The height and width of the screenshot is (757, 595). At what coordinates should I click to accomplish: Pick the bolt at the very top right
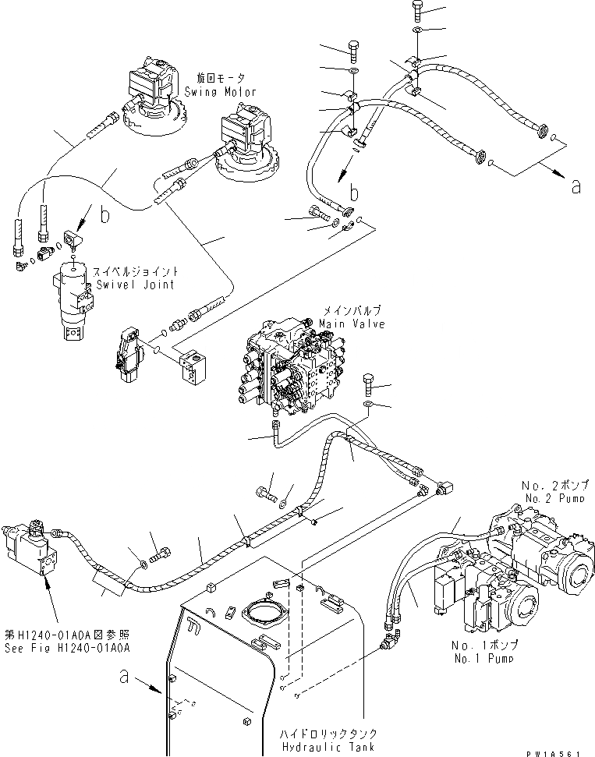coord(417,11)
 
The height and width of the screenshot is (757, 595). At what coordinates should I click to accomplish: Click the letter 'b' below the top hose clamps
coord(353,192)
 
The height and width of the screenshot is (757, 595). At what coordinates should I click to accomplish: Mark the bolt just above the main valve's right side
coord(370,384)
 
